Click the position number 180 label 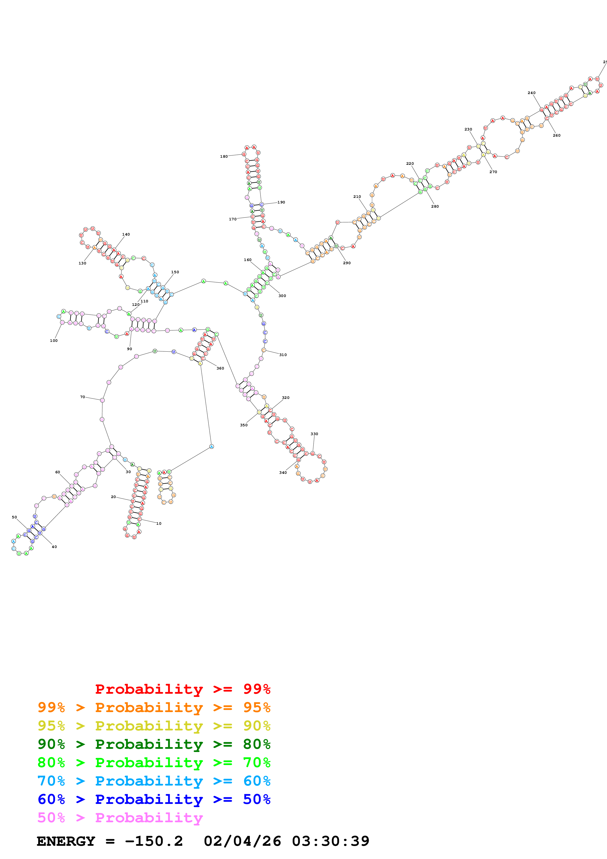tap(224, 156)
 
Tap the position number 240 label tap(531, 93)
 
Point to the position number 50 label tap(14, 517)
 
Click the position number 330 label tap(314, 434)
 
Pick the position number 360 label tap(220, 368)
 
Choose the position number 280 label tap(435, 206)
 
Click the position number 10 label tap(159, 523)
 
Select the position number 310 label tap(283, 355)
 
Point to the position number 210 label tap(357, 196)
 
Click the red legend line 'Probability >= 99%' tap(182, 689)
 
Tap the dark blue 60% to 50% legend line tap(154, 799)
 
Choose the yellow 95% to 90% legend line tap(154, 726)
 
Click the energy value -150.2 tap(154, 841)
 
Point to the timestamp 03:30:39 tap(331, 841)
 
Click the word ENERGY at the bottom tap(66, 841)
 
